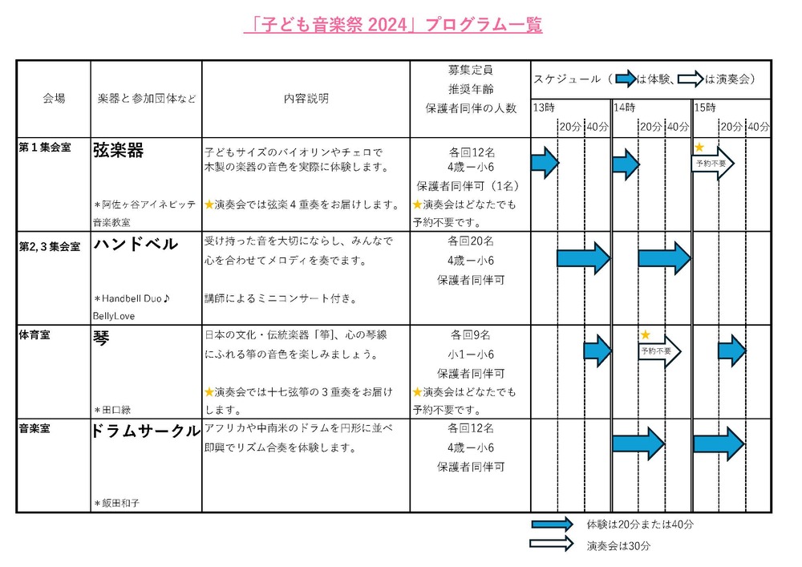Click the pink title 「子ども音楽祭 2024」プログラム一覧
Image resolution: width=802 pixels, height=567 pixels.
click(x=393, y=26)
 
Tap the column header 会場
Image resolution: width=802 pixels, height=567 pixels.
click(x=54, y=99)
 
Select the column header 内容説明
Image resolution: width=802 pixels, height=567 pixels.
click(x=306, y=99)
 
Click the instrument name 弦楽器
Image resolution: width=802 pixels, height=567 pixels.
click(x=118, y=150)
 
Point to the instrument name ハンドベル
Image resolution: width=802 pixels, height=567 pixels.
click(x=136, y=245)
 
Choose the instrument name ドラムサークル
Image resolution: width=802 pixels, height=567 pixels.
click(x=146, y=431)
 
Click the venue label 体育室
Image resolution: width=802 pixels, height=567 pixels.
click(x=34, y=336)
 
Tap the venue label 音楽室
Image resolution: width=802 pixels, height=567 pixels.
click(x=34, y=429)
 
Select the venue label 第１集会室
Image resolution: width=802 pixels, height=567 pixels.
click(x=45, y=148)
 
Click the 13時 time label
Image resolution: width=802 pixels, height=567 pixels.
click(x=543, y=107)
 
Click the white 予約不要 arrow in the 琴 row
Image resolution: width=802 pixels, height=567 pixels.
click(x=660, y=351)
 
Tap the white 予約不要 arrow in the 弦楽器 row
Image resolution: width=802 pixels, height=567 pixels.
click(x=713, y=164)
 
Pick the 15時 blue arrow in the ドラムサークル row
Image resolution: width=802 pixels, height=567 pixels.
click(x=719, y=443)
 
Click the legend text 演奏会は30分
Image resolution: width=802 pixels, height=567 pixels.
click(x=618, y=545)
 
